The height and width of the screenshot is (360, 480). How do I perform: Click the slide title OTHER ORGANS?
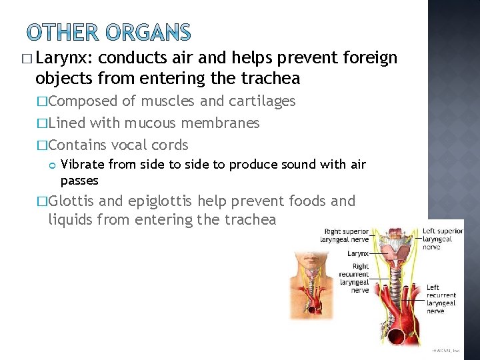coord(109,33)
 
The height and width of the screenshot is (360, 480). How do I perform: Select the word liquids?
coord(70,219)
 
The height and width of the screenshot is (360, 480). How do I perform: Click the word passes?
coord(79,181)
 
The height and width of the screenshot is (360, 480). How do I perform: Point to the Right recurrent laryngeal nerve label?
coord(354,278)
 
